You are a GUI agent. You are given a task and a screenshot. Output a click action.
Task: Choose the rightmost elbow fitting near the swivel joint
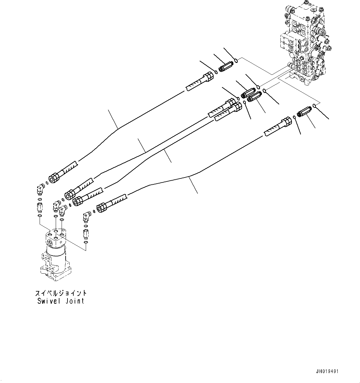[87, 216]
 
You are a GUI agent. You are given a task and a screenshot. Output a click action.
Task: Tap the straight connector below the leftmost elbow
[39, 206]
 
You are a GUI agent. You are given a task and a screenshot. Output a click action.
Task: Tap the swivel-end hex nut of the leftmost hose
[54, 178]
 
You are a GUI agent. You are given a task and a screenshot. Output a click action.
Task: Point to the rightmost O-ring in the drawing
[314, 106]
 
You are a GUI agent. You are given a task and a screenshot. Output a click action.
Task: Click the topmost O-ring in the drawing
[236, 60]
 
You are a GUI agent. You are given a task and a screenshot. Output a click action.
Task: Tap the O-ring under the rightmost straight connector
[86, 242]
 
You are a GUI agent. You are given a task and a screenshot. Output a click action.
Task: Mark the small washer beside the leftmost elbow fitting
[46, 183]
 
